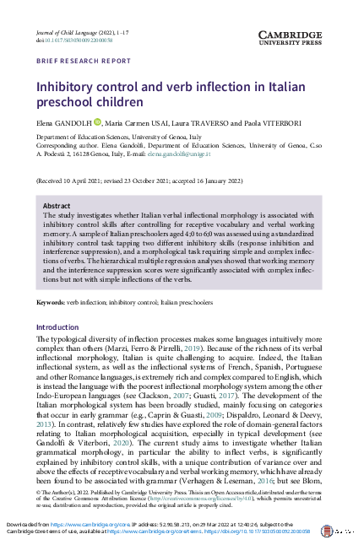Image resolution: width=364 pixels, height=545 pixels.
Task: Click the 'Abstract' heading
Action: tap(57, 205)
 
